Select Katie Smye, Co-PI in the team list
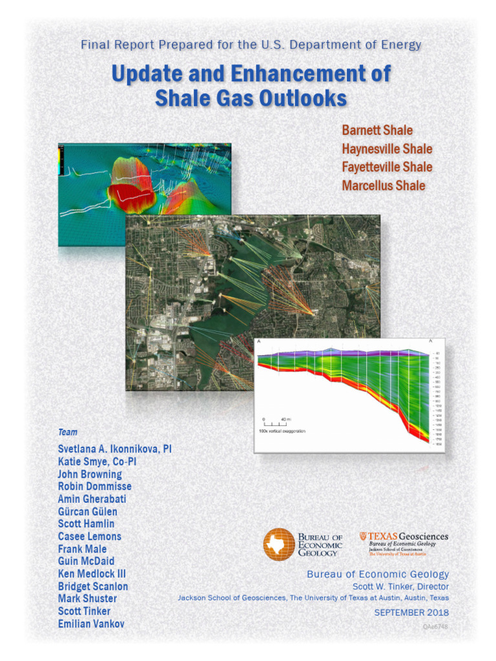[x=98, y=462]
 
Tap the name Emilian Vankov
[x=91, y=624]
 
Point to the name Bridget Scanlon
[x=93, y=586]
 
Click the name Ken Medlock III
[x=92, y=574]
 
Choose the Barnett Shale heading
[x=377, y=131]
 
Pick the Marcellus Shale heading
[x=384, y=186]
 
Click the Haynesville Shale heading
[x=387, y=149]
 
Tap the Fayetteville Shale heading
[x=387, y=167]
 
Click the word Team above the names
[x=68, y=432]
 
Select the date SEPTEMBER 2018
[x=411, y=612]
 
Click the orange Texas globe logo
[x=278, y=543]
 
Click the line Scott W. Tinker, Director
[x=400, y=586]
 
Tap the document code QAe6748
[x=436, y=627]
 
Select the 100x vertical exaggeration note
[x=282, y=431]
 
